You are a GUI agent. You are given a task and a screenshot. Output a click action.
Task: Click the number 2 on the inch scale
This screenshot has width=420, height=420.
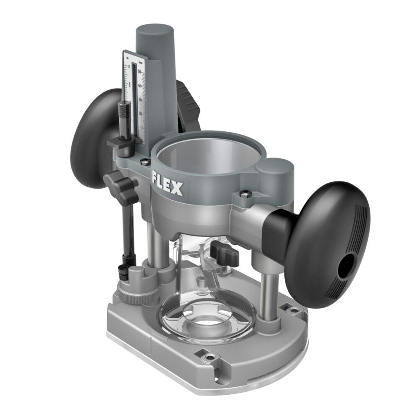click(x=129, y=68)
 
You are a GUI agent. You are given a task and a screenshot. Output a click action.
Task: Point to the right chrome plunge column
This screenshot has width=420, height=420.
click(x=265, y=290)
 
